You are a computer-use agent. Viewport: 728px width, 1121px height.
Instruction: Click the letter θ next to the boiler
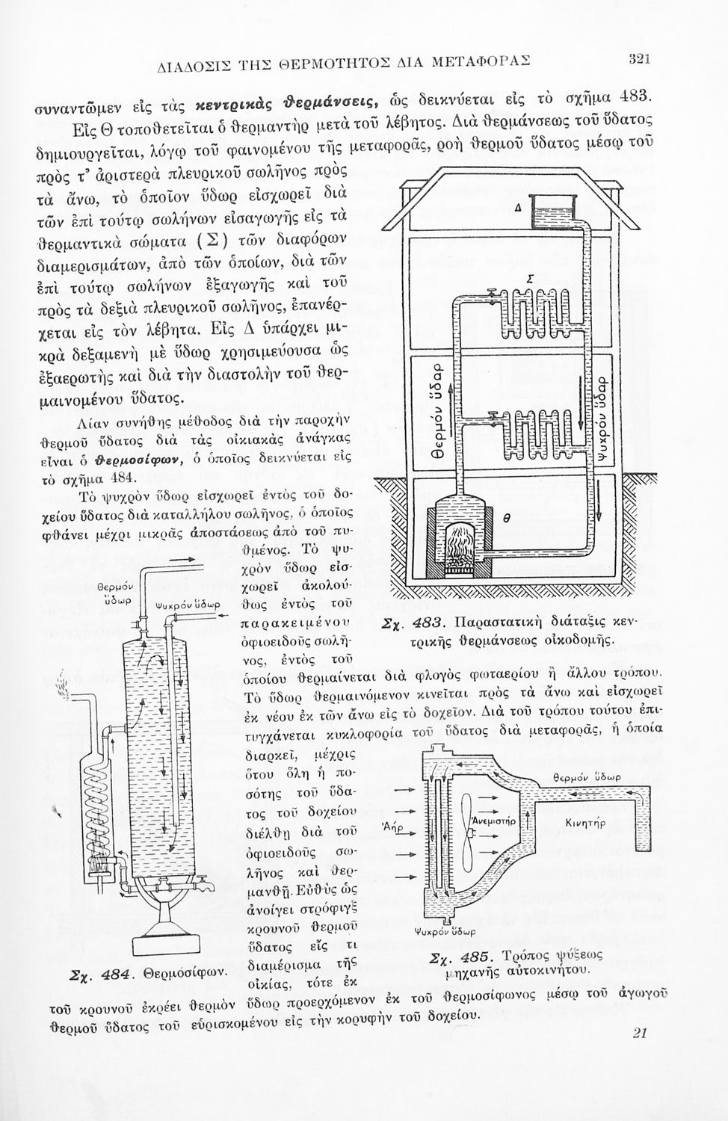pyautogui.click(x=505, y=517)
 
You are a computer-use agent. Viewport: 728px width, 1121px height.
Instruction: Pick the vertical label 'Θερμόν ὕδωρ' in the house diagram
pyautogui.click(x=442, y=418)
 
